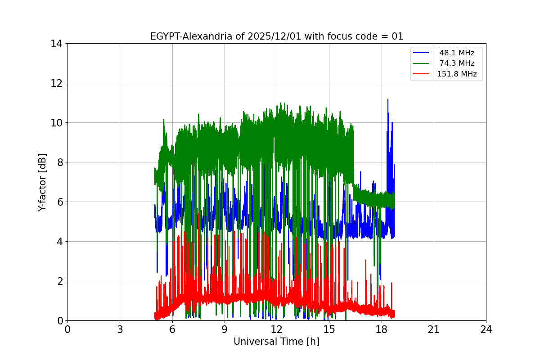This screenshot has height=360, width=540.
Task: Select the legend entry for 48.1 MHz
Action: click(x=457, y=53)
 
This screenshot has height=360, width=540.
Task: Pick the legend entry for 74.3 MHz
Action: click(x=457, y=63)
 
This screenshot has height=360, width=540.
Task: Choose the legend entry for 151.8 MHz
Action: click(x=457, y=74)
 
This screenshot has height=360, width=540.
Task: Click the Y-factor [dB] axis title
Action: click(x=42, y=182)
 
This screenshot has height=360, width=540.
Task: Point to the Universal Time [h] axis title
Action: click(x=276, y=342)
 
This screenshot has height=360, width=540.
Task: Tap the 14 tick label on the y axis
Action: click(x=57, y=44)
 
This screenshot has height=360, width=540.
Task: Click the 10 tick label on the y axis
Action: click(x=57, y=123)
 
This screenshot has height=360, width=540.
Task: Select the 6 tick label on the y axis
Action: click(x=59, y=202)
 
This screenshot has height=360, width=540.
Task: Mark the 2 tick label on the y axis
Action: click(x=59, y=281)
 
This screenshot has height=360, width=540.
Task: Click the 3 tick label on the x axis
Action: click(x=120, y=329)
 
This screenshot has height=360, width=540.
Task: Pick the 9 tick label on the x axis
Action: click(x=225, y=329)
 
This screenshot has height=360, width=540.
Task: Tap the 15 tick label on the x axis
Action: click(x=329, y=329)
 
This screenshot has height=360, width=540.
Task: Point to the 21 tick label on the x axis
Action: click(x=434, y=329)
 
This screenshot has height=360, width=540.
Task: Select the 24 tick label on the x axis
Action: click(x=486, y=329)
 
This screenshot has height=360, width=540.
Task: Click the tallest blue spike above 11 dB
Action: click(x=387, y=100)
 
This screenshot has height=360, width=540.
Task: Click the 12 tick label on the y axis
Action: click(x=57, y=83)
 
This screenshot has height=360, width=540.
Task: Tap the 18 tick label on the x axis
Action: click(x=382, y=329)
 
